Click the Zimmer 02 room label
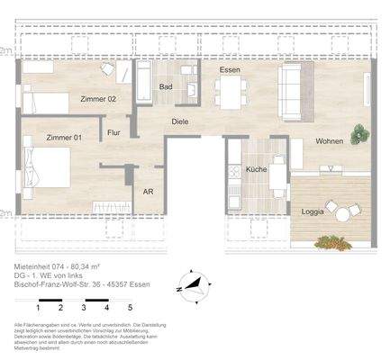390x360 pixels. click(x=97, y=99)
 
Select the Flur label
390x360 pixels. click(x=113, y=132)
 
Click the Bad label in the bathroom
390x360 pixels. click(x=165, y=87)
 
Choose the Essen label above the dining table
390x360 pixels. click(x=230, y=69)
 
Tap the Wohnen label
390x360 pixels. click(x=329, y=142)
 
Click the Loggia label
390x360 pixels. click(x=313, y=211)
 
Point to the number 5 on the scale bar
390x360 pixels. click(x=132, y=307)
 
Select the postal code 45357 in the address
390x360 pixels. click(x=119, y=285)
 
